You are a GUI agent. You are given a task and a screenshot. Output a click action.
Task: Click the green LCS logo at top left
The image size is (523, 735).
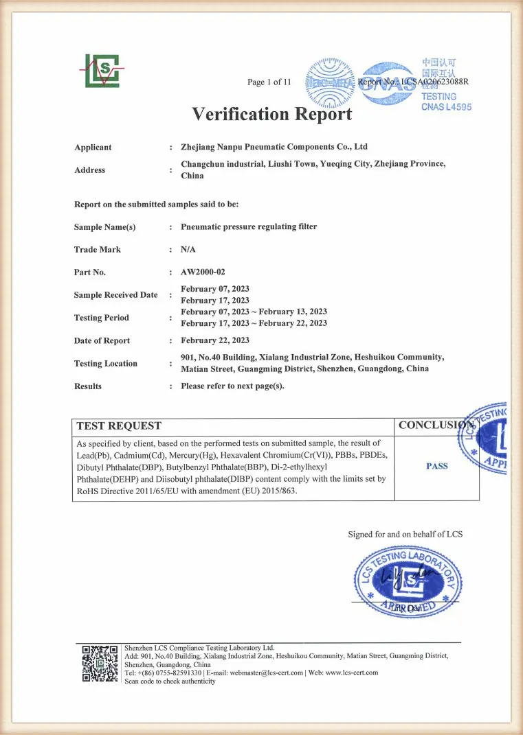coord(102,71)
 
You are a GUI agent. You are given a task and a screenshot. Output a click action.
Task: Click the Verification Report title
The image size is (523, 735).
coord(271,114)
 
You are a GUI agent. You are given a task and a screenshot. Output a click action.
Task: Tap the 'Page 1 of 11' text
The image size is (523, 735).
coord(269,82)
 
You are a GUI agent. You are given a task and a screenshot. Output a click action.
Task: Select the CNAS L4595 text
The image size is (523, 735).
coord(446,107)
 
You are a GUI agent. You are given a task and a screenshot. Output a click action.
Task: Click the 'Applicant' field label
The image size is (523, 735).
coord(93,148)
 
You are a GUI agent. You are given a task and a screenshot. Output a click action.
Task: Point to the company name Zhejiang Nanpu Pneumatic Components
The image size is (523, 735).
coord(274,147)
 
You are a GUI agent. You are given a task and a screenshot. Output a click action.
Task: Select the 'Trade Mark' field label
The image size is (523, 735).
coord(97,250)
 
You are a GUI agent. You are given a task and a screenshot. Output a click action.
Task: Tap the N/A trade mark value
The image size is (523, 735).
coord(188,250)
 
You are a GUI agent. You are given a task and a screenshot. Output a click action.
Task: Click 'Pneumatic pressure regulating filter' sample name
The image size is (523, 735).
coord(249,226)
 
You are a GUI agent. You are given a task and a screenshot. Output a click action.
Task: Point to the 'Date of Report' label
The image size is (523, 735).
coord(102,341)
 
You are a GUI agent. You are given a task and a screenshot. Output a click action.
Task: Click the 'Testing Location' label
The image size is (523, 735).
coord(106,364)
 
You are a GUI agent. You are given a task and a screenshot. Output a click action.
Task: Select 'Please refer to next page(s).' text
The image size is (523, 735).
coord(232,386)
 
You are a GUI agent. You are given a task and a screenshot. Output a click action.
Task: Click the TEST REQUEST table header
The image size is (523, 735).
coord(119,426)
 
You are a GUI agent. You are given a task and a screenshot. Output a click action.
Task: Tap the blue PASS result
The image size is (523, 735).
coord(437,466)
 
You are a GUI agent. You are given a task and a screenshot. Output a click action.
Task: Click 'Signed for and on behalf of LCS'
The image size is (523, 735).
coord(405,534)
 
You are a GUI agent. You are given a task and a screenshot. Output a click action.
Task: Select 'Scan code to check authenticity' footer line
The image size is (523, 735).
coord(170,681)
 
